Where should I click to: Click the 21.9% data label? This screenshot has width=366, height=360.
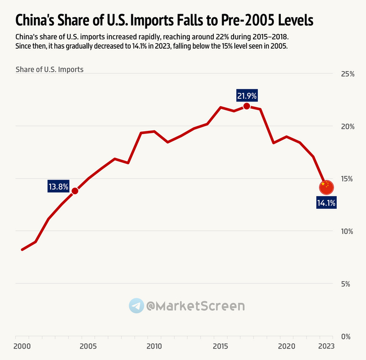tap(247, 96)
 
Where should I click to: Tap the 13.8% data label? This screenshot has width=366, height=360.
tap(58, 186)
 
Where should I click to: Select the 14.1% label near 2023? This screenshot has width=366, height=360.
tap(326, 203)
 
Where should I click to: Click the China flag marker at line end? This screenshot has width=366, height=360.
tap(326, 186)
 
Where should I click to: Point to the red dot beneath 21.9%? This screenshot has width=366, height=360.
tap(247, 106)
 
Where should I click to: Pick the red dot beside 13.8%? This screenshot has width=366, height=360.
tap(75, 191)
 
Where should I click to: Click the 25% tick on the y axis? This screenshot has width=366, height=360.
tap(347, 74)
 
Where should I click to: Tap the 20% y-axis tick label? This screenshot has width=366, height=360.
tap(347, 126)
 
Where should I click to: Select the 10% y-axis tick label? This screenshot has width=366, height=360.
tap(347, 231)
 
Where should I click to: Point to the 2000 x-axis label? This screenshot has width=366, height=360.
tap(21, 346)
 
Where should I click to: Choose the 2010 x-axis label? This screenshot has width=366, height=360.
tap(154, 346)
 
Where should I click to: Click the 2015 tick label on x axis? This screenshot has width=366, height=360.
tap(220, 346)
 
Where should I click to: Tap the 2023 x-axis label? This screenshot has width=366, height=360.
tap(326, 346)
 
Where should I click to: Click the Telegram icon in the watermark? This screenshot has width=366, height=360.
tap(136, 306)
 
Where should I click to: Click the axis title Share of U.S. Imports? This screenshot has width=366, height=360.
tap(50, 69)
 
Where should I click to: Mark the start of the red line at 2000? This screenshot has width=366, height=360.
tap(22, 250)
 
